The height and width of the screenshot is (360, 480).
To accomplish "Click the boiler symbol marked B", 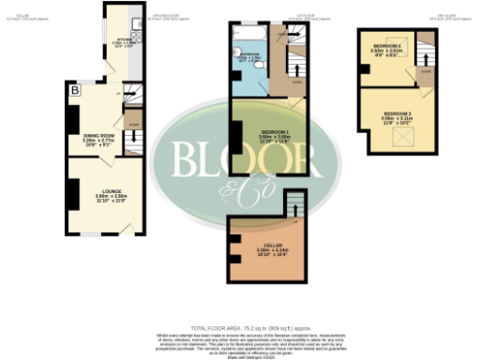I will coord(74,90).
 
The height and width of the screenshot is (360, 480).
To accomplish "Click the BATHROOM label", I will coord(250,54).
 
